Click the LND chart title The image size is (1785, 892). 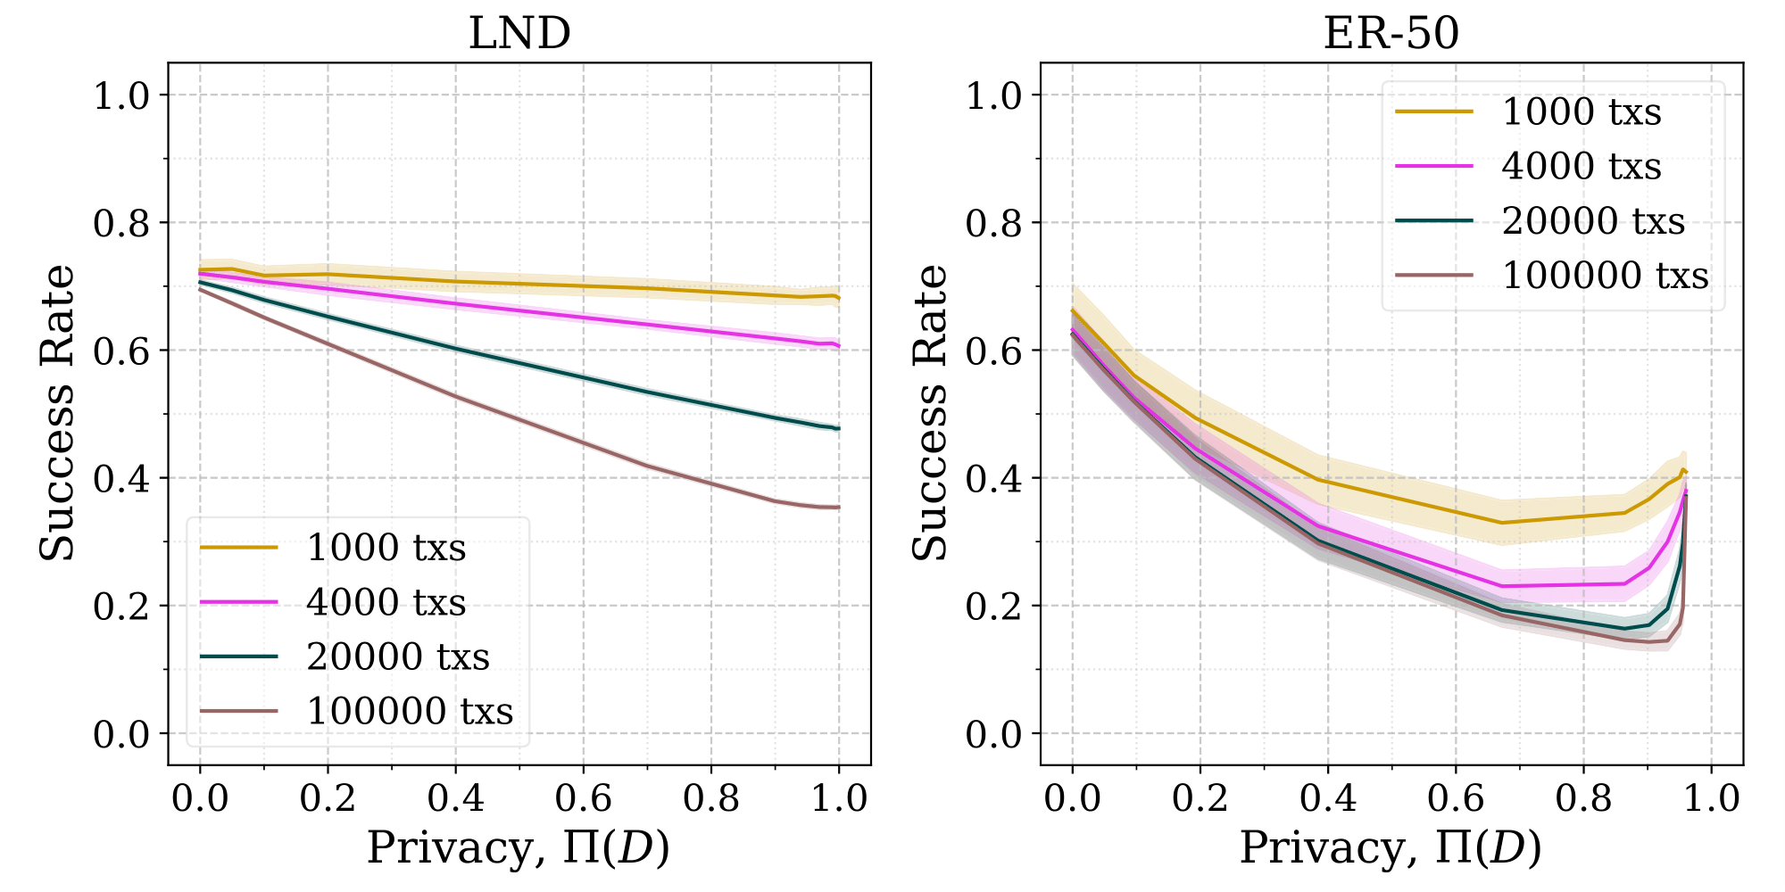519,34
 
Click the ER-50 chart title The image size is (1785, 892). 1391,34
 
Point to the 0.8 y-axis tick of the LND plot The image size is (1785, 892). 121,223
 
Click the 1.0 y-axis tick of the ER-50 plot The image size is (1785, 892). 994,95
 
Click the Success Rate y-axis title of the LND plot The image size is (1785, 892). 57,413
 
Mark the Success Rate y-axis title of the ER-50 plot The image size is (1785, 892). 930,413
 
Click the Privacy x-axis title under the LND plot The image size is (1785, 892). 518,847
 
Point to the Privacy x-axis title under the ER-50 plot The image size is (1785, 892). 1391,847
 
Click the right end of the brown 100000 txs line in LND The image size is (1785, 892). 839,508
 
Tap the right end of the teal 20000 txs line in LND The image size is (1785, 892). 839,429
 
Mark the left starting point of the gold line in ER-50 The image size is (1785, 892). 1073,310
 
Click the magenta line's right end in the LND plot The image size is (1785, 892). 839,346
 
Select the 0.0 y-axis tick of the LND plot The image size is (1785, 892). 121,734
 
